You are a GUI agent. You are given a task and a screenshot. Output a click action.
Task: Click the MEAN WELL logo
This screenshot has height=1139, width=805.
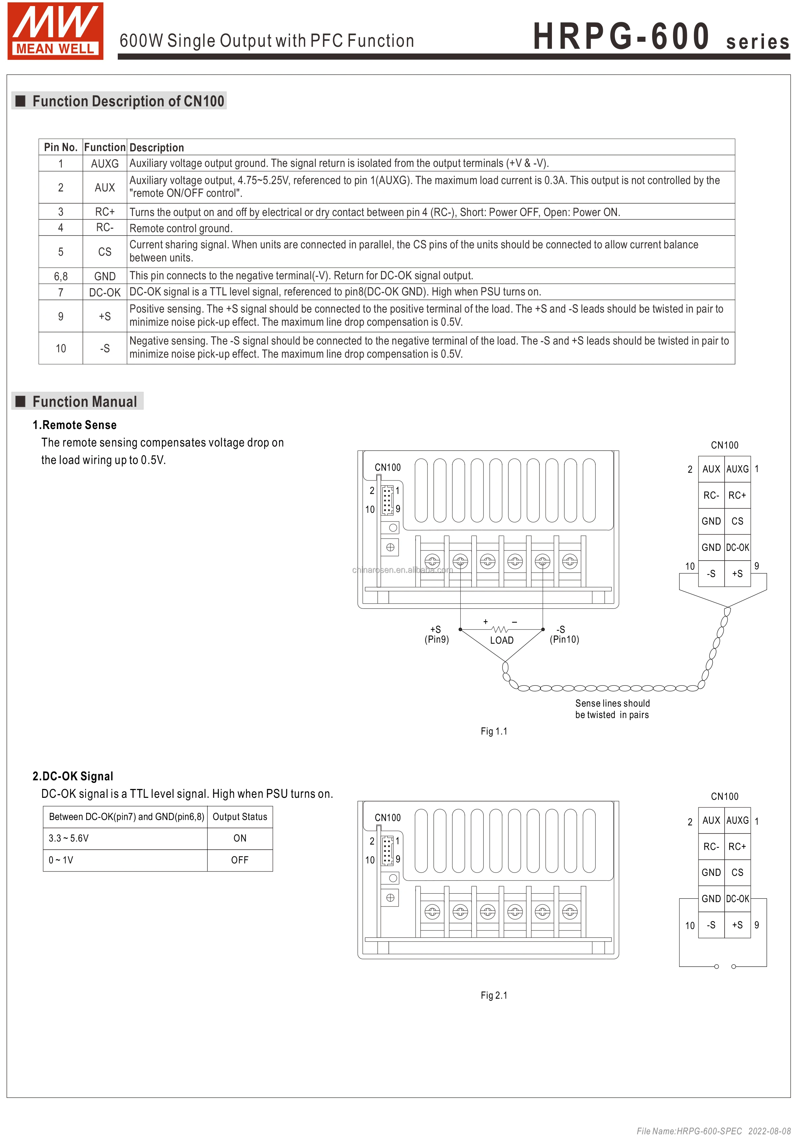55,31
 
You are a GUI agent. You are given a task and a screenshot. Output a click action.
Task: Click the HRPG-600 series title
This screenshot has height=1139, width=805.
660,37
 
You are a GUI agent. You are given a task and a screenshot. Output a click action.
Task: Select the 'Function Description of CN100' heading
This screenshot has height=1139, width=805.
128,101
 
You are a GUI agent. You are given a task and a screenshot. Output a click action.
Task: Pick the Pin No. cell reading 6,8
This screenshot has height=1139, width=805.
61,276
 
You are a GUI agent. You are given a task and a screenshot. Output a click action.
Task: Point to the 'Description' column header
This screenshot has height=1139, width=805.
157,147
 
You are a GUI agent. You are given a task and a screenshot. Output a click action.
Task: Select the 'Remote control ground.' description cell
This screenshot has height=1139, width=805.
181,228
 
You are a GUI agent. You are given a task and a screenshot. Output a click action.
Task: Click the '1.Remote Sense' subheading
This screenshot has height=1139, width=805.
74,425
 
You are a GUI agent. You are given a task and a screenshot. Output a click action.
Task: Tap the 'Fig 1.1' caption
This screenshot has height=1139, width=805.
494,731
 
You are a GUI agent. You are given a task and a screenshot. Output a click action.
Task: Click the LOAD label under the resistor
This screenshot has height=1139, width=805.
502,640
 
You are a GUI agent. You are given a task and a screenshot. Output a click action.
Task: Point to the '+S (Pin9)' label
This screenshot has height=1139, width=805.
436,635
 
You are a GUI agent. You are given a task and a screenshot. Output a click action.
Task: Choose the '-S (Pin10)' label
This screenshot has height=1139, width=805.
564,635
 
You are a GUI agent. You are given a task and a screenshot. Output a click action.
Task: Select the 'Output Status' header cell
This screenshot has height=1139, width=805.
240,817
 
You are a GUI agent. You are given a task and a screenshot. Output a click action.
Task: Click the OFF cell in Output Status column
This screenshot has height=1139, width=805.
240,860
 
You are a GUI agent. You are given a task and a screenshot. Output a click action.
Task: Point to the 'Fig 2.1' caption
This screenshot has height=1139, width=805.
494,995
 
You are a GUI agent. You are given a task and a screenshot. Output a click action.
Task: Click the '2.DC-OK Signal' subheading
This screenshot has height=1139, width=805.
73,776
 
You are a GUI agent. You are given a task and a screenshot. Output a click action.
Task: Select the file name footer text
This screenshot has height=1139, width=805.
713,1131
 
